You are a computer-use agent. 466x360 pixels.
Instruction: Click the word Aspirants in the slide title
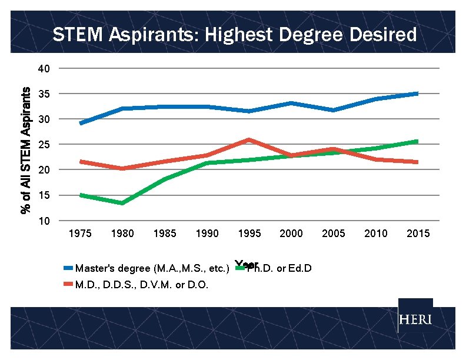(156, 35)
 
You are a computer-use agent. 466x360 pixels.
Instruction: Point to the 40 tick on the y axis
(44, 69)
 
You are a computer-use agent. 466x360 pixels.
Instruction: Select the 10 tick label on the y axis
(44, 221)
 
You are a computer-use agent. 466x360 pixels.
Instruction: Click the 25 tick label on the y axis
(44, 145)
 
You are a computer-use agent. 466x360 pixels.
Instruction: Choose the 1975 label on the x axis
(81, 234)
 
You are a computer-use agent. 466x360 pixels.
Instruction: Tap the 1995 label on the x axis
(249, 234)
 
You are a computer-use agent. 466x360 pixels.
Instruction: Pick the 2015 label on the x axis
(418, 234)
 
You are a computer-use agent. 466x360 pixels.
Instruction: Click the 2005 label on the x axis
(334, 234)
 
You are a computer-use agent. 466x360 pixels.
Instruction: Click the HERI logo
(415, 320)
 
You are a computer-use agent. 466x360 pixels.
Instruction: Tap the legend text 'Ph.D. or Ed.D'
(278, 269)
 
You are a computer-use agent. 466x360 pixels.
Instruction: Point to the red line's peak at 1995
(249, 140)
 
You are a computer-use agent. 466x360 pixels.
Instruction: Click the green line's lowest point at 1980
(122, 203)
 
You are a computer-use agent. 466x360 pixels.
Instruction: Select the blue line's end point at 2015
(417, 94)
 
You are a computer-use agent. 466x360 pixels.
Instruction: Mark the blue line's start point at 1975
(81, 123)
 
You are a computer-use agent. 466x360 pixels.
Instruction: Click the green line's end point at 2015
(417, 142)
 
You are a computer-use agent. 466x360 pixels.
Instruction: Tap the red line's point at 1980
(122, 168)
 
